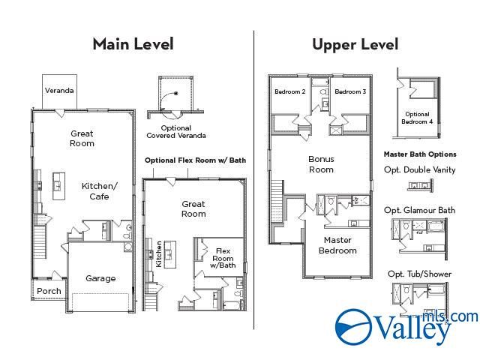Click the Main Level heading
(133, 43)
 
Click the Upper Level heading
(355, 43)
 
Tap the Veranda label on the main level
(59, 91)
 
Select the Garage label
(100, 278)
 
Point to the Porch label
(49, 291)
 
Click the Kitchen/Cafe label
(100, 191)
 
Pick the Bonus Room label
(321, 164)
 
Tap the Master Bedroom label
(338, 245)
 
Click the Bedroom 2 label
(289, 91)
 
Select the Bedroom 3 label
(350, 91)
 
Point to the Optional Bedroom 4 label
(417, 118)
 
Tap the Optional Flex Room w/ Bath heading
(195, 160)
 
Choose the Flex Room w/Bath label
(223, 258)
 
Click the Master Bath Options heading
(419, 154)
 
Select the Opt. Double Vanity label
(419, 169)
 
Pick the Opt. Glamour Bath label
(419, 210)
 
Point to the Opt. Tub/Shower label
(419, 274)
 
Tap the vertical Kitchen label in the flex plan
(159, 253)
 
